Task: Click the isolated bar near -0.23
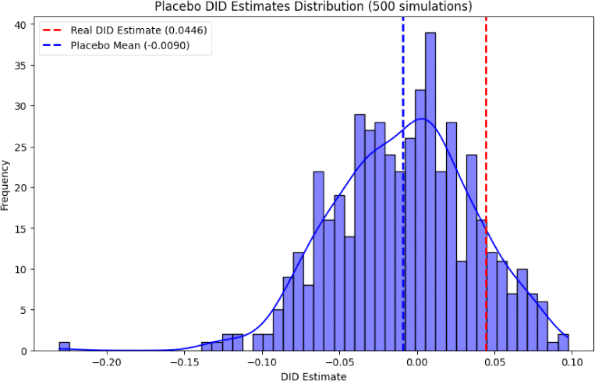[x=65, y=347]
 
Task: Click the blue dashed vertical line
[x=403, y=94]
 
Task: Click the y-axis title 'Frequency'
[x=7, y=185]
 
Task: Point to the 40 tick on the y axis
[x=21, y=24]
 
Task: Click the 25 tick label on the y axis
[x=21, y=147]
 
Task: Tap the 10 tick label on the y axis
[x=21, y=269]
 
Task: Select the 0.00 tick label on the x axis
[x=417, y=362]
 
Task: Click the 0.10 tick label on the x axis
[x=572, y=362]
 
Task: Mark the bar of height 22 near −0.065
[x=318, y=262]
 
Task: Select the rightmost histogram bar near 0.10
[x=563, y=343]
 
